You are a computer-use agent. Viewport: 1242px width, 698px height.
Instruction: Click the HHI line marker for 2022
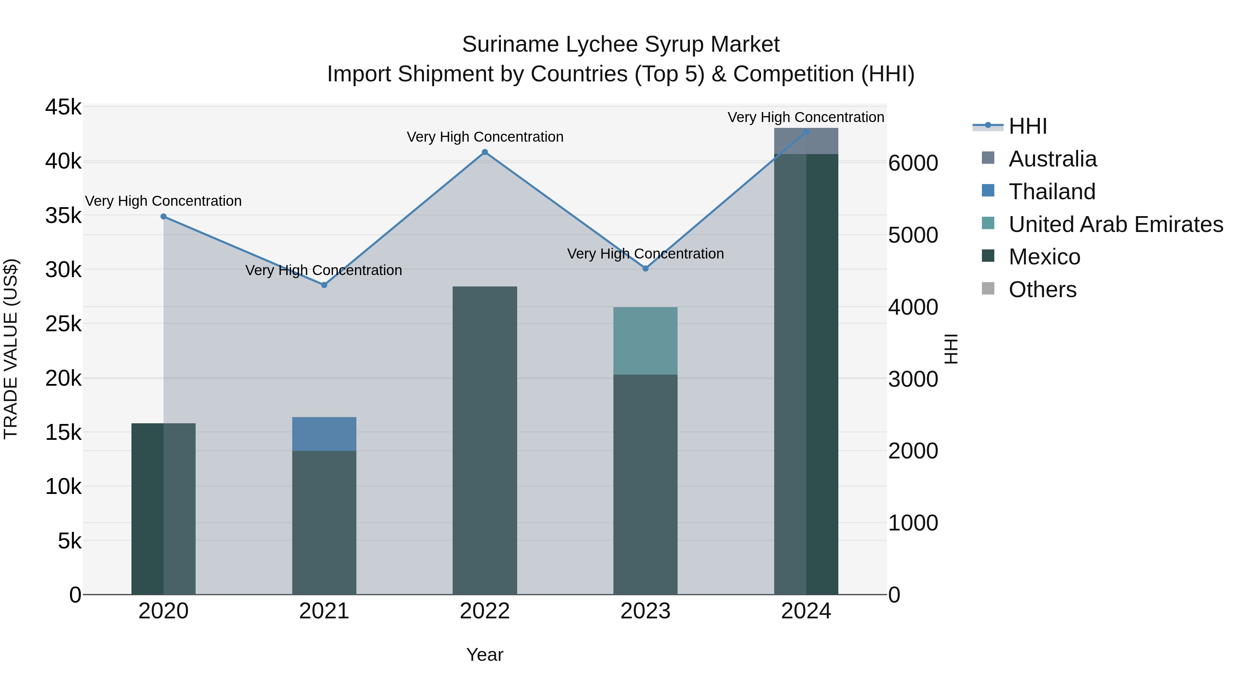pos(485,152)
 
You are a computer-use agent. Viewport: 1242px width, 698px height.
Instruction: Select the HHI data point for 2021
pos(324,285)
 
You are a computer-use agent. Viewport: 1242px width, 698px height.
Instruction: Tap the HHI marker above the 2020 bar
pos(164,217)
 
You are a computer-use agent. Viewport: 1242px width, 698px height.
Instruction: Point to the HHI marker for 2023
pos(645,268)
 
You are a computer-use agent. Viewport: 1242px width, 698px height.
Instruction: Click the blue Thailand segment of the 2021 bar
pos(324,434)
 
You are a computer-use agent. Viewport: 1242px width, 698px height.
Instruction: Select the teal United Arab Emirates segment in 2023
pos(645,341)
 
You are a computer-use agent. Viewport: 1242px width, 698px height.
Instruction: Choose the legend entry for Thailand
pos(1052,192)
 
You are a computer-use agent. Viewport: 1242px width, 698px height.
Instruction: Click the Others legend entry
pos(1042,290)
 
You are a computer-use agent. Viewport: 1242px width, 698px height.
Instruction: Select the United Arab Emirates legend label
pos(1116,224)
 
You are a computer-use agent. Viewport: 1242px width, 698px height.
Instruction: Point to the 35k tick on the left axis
pos(63,216)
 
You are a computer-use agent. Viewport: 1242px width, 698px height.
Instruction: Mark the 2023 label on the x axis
pos(645,611)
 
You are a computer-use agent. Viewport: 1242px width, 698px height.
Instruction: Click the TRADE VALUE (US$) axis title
pos(11,349)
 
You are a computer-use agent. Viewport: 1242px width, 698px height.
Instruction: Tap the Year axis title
pos(485,655)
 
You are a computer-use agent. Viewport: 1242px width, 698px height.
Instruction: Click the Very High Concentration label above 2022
pos(485,137)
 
